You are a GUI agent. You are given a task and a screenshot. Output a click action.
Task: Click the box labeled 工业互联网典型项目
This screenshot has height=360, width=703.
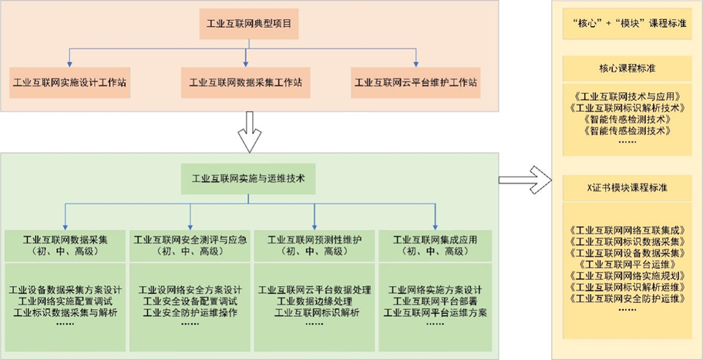pos(244,24)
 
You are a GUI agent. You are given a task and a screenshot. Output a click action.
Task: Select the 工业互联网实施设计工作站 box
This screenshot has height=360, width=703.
pos(71,81)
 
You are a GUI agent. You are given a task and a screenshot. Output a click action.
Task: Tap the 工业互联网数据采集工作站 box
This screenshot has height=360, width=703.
pos(245,81)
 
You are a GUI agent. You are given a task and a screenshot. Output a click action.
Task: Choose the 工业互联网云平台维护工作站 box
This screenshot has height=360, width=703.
pos(415,81)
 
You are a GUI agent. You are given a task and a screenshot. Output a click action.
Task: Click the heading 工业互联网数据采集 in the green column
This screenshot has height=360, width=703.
pos(66,240)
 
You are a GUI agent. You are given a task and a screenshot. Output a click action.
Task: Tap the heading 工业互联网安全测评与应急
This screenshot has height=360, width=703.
pos(190,240)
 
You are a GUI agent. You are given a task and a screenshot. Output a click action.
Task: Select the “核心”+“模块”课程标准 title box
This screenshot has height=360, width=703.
pos(625,24)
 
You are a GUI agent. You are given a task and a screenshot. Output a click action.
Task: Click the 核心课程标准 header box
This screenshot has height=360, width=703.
pos(625,68)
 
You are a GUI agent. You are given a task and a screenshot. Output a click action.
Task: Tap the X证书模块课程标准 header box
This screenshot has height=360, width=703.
pos(625,187)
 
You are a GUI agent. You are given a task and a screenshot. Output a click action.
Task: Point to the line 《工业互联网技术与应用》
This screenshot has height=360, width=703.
pos(625,97)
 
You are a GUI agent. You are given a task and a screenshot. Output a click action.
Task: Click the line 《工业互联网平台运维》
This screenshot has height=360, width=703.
pos(625,263)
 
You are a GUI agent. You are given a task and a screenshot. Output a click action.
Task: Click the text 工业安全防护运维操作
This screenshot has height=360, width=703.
pos(190,312)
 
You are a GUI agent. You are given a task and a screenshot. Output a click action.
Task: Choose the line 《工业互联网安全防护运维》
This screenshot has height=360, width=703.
pos(625,297)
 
